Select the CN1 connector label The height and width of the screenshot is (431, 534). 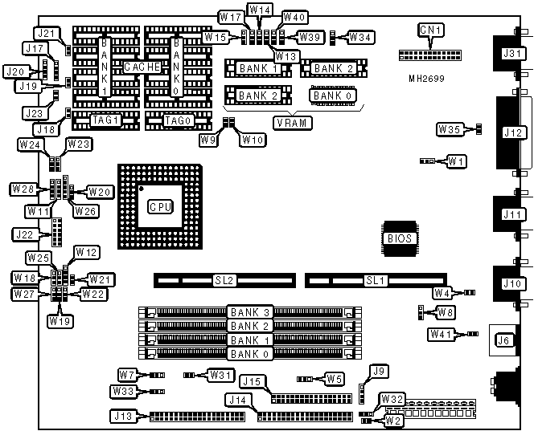pos(431,30)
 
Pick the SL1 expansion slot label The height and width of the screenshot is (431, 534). pos(376,281)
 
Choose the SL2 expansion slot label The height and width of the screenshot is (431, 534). pos(224,281)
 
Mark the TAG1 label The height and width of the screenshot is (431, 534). pos(105,120)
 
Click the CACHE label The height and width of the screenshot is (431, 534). pos(142,66)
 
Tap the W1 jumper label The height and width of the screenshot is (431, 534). pos(457,161)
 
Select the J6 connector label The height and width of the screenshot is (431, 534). pos(504,340)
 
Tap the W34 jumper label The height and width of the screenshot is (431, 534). pos(361,36)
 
